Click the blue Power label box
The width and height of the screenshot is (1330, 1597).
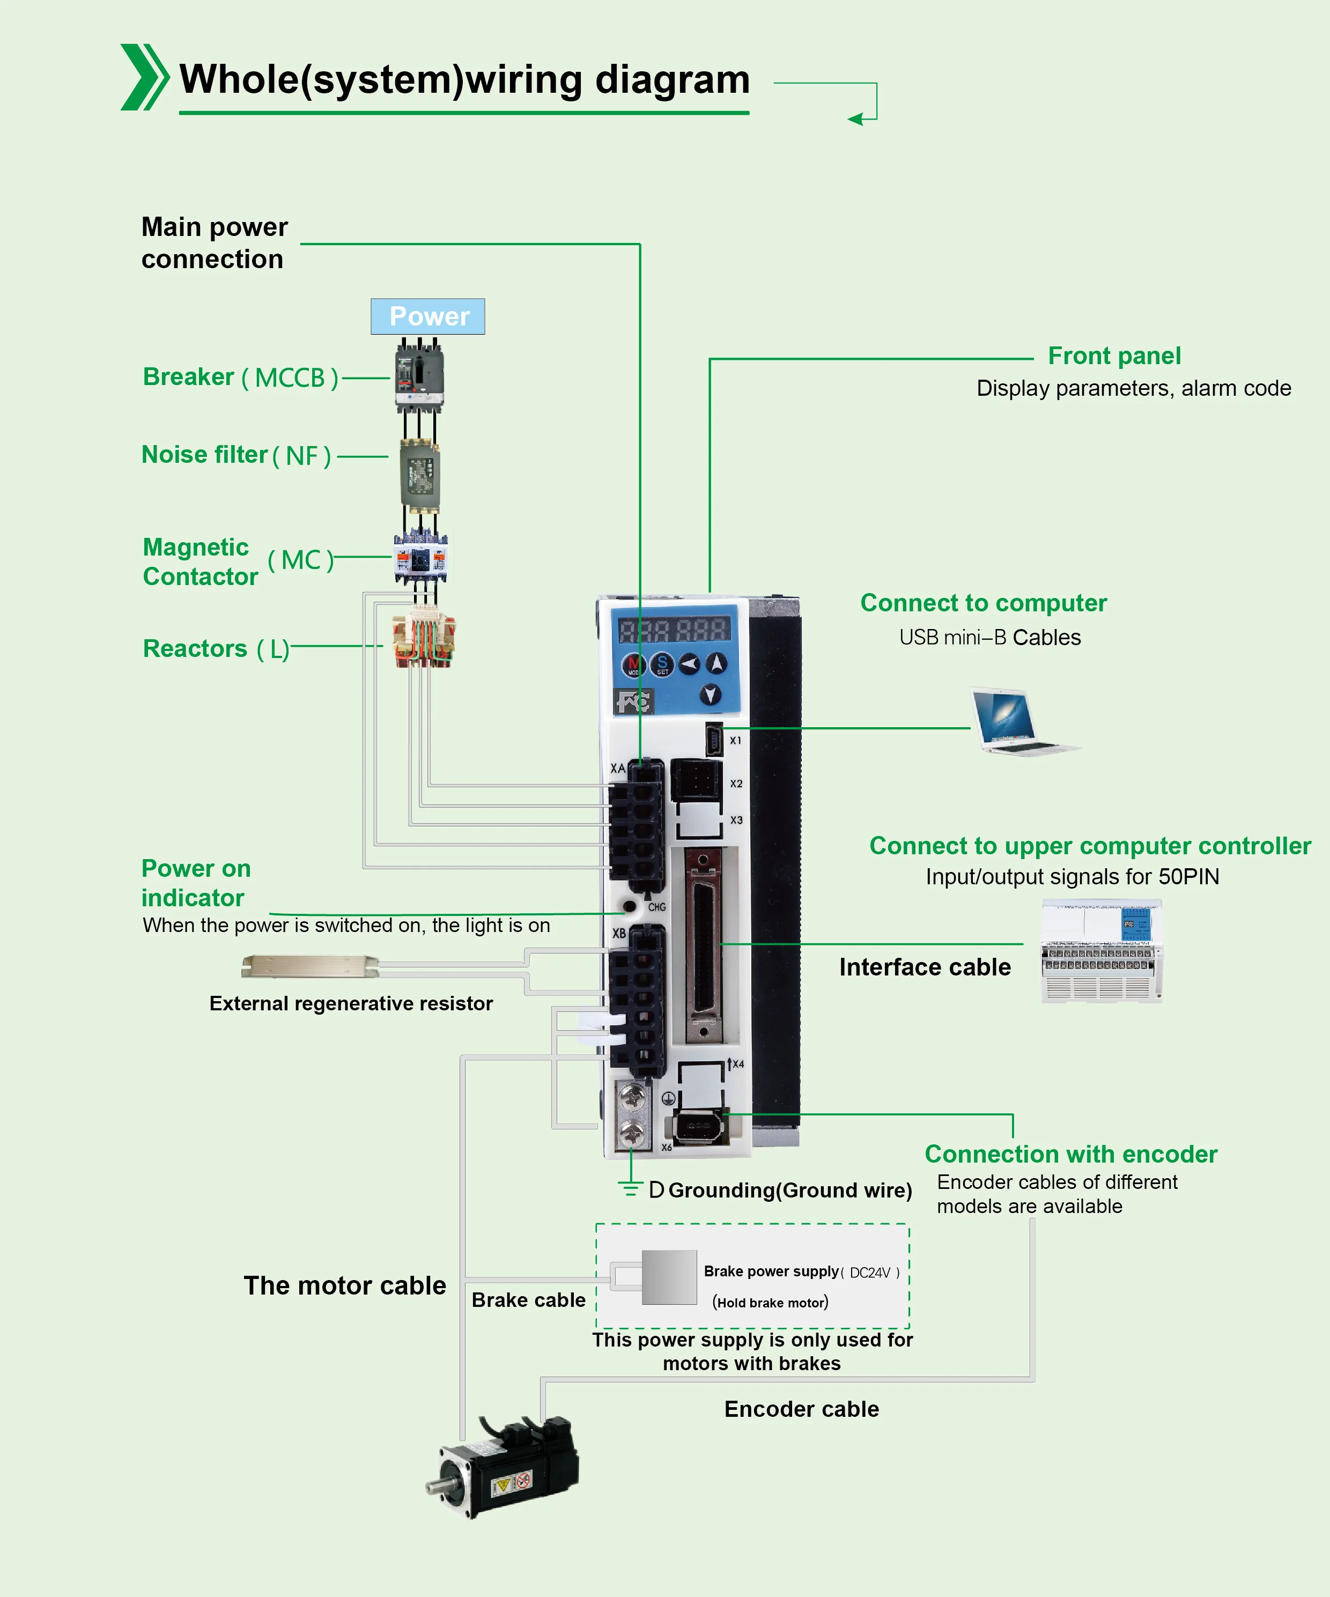point(427,316)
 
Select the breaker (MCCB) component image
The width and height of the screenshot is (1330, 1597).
point(419,375)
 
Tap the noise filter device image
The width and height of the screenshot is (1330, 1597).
point(420,475)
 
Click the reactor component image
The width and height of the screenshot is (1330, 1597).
point(423,640)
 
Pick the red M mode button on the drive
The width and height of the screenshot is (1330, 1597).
point(633,664)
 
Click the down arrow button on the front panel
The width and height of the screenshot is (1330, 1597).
point(710,693)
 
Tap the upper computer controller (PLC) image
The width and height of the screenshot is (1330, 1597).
point(1101,951)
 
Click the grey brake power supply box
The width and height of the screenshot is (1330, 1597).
point(669,1277)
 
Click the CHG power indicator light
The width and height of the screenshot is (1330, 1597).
point(630,906)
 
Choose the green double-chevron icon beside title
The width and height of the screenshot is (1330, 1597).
point(144,78)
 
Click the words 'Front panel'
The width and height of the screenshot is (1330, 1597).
point(1114,356)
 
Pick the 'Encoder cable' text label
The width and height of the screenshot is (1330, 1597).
point(802,1409)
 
